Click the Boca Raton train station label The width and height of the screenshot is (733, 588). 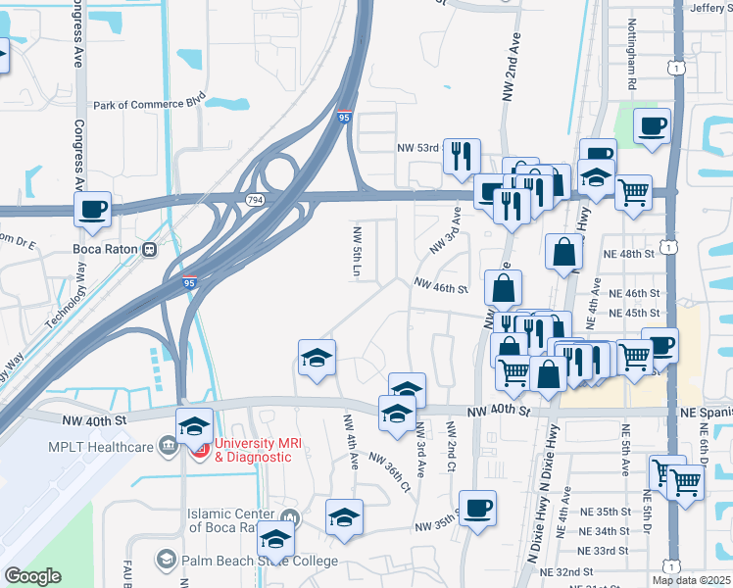101,248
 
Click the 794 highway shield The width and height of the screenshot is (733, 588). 253,198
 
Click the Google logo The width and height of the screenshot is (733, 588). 31,575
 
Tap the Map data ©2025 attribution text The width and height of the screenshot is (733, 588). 691,580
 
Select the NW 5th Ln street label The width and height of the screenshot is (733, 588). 357,250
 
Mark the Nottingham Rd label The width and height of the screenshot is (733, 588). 632,70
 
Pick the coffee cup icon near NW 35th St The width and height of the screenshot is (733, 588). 477,508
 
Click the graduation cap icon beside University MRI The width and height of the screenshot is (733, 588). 194,425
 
